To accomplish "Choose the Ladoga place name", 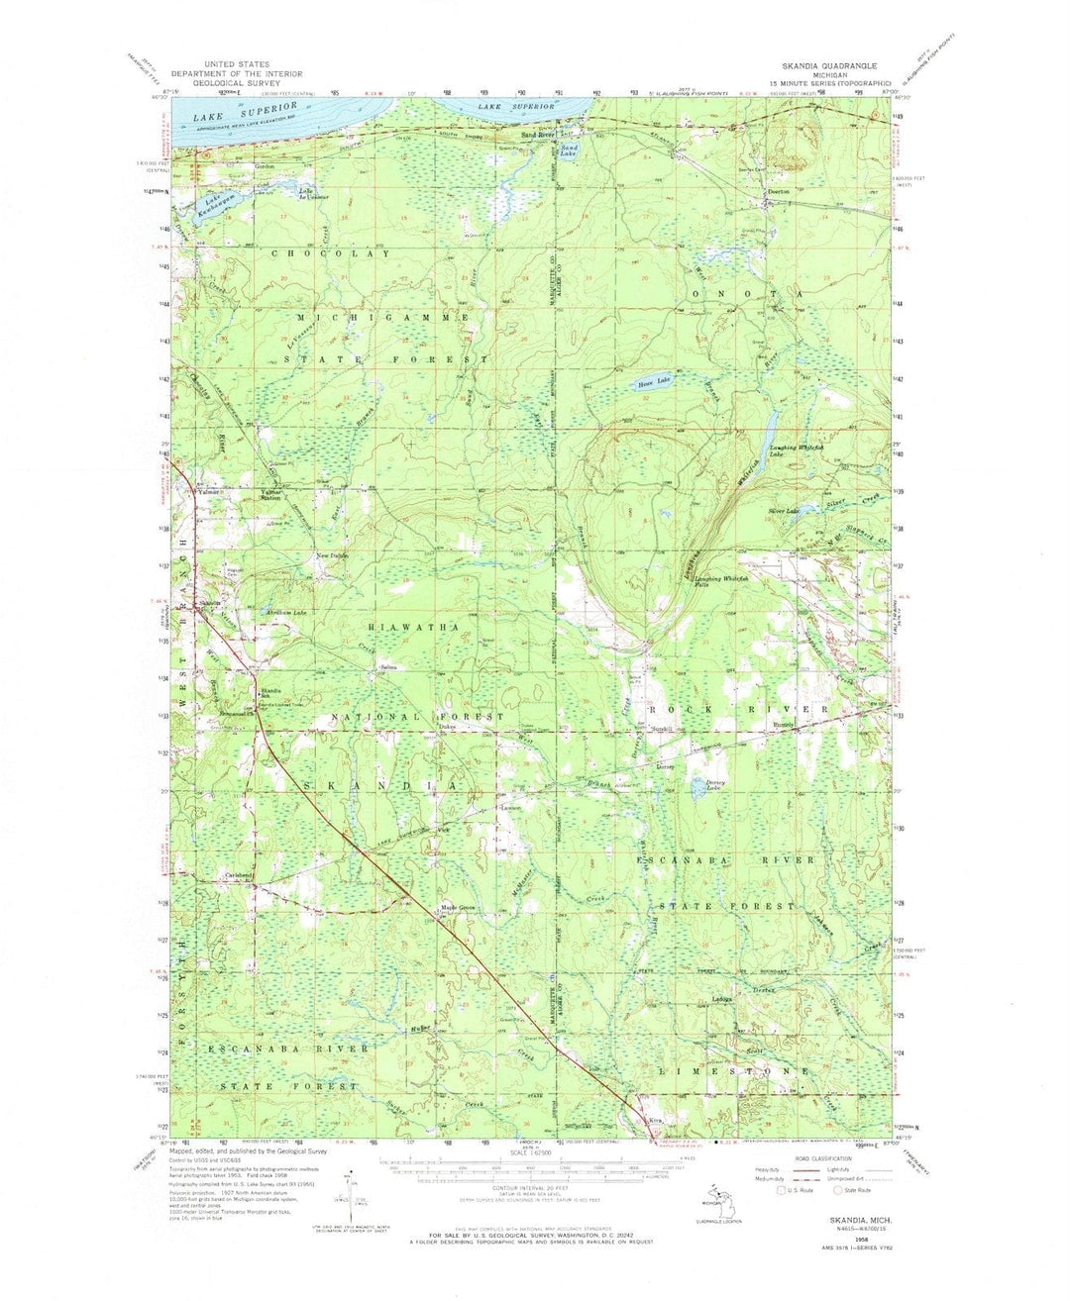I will (x=720, y=999).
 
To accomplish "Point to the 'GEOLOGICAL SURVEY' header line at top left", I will (x=237, y=84).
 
